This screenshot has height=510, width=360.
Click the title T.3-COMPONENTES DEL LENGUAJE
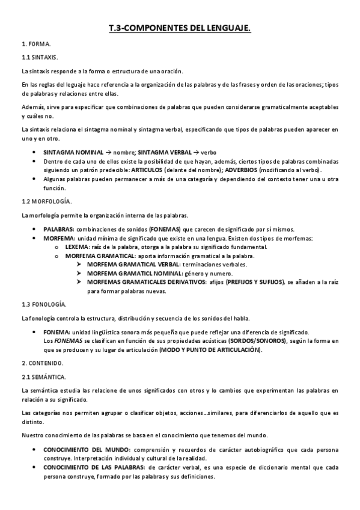point(180,28)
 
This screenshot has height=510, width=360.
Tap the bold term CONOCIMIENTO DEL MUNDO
point(87,450)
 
